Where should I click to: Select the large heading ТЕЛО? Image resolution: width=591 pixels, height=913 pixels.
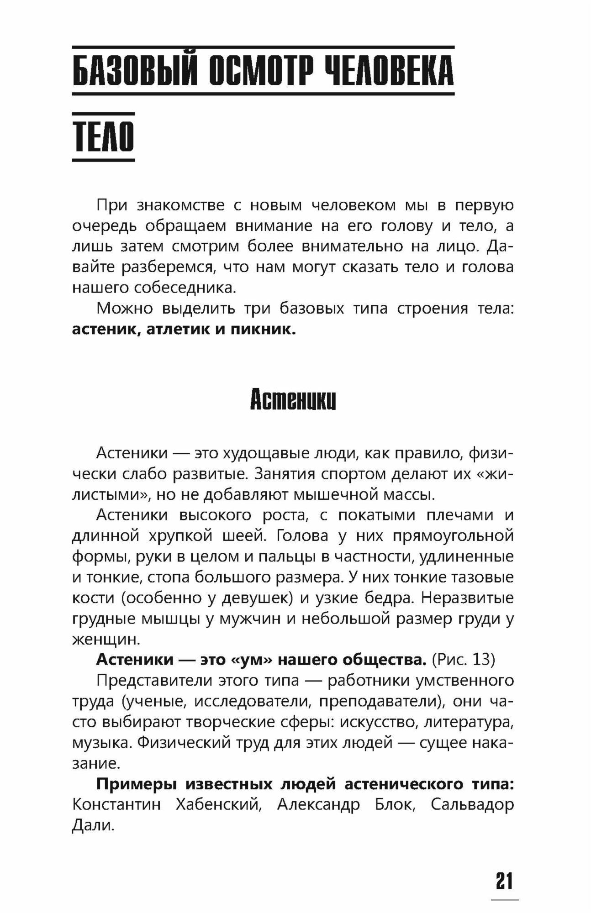104,136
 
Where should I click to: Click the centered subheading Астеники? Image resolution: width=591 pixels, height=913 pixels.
293,400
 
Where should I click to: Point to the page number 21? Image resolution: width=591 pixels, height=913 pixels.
504,881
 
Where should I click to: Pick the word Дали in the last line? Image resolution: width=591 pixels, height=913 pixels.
92,825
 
